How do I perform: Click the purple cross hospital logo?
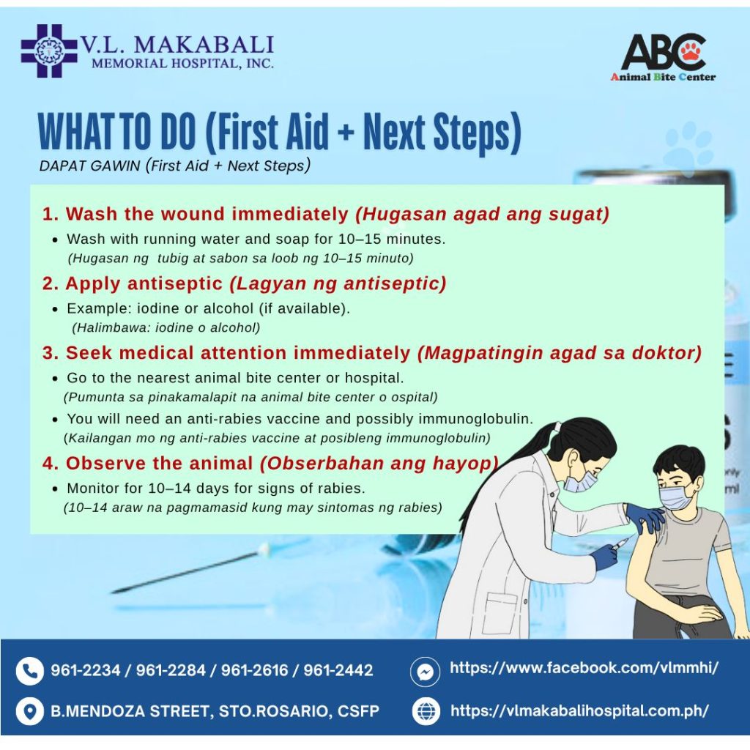tap(49, 51)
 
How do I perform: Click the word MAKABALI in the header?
tap(204, 45)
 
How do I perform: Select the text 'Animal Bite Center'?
tap(663, 76)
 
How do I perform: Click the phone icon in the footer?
tap(30, 671)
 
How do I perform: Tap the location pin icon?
tap(30, 711)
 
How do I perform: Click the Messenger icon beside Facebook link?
tap(425, 672)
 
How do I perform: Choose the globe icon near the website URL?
tap(426, 711)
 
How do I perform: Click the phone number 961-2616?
tap(254, 670)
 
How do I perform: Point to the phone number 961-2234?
tap(85, 670)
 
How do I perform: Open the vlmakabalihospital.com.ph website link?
tap(579, 710)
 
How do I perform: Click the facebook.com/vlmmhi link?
tap(584, 668)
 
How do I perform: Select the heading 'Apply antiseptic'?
tap(144, 283)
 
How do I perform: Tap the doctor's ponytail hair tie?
tap(557, 426)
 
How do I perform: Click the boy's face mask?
tap(677, 497)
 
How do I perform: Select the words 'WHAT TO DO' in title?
tap(117, 132)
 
